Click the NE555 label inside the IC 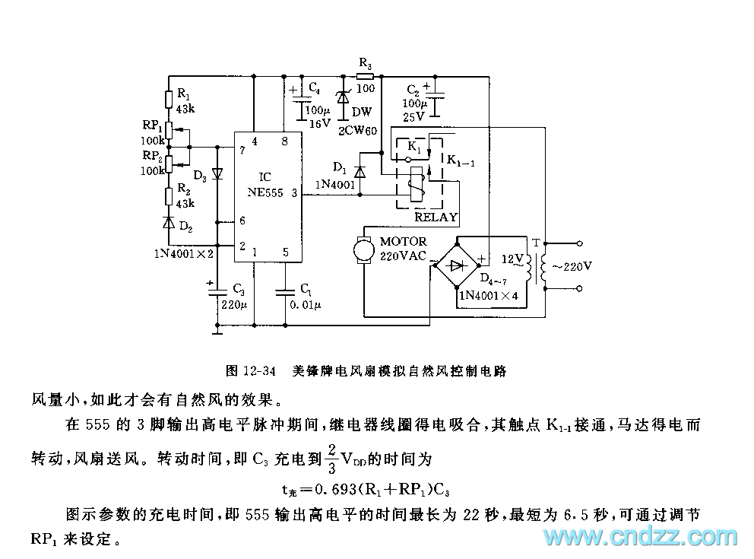[265, 193]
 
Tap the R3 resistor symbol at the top [365, 76]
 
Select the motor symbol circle [363, 249]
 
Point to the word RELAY [436, 217]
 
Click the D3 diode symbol [217, 173]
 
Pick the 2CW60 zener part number [357, 130]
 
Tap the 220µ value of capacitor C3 [235, 304]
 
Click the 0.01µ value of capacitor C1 [306, 304]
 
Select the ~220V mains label [572, 266]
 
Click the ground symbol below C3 [217, 329]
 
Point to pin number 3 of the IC [294, 193]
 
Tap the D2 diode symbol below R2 [168, 223]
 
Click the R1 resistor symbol [169, 100]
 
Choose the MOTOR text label [403, 241]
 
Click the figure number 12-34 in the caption [260, 370]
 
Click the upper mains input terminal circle [579, 243]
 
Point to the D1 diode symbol [360, 172]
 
